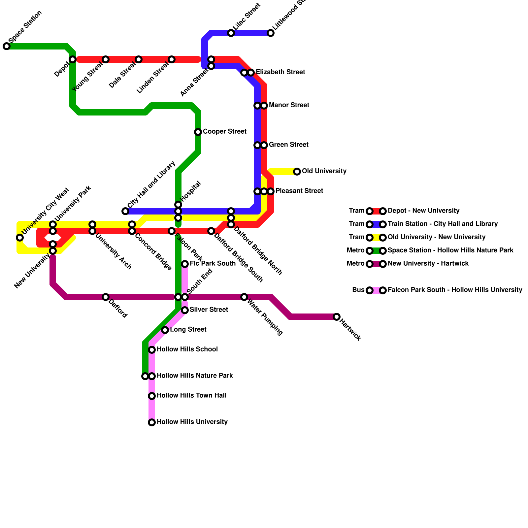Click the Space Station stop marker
pyautogui.click(x=7, y=46)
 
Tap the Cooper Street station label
pyautogui.click(x=224, y=132)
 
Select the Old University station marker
pyautogui.click(x=297, y=172)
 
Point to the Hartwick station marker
pyautogui.click(x=337, y=317)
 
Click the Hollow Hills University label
pyautogui.click(x=192, y=422)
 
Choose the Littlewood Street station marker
pyautogui.click(x=271, y=33)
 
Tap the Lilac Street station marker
pyautogui.click(x=231, y=33)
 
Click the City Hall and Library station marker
pyautogui.click(x=125, y=211)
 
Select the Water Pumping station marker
pyautogui.click(x=244, y=297)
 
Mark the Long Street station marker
pyautogui.click(x=165, y=330)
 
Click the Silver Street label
pyautogui.click(x=209, y=310)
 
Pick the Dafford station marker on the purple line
pyautogui.click(x=106, y=297)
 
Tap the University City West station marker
pyautogui.click(x=20, y=238)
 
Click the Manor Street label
pyautogui.click(x=289, y=105)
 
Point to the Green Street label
pyautogui.click(x=288, y=145)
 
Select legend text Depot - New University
pyautogui.click(x=423, y=211)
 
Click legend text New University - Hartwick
pyautogui.click(x=428, y=264)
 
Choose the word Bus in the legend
pyautogui.click(x=358, y=290)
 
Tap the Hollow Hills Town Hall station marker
pyautogui.click(x=152, y=396)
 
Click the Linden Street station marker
pyautogui.click(x=172, y=59)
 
